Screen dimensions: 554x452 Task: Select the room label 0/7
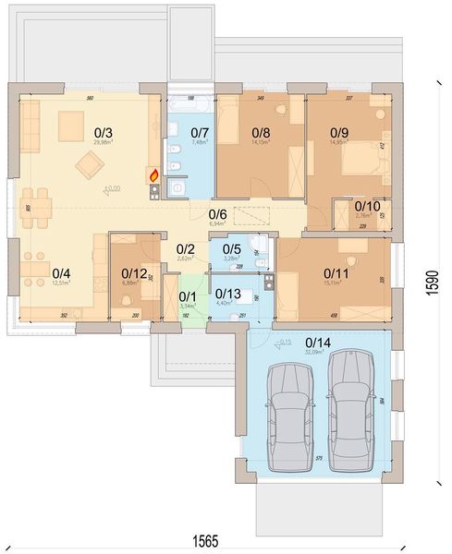200,133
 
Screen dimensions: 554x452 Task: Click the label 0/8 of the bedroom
262,133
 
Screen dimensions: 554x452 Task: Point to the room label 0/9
340,133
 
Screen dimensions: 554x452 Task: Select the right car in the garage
349,406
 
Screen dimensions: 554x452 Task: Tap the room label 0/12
134,273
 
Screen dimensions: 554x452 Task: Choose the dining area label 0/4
61,273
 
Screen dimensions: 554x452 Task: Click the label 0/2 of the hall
186,248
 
